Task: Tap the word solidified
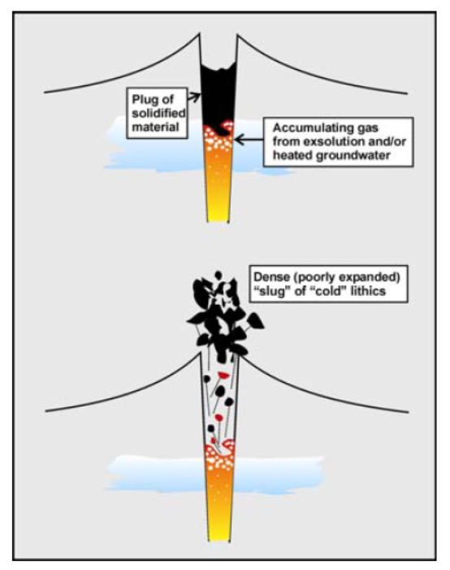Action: pos(158,113)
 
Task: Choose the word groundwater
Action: pos(354,155)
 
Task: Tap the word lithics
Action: pos(366,291)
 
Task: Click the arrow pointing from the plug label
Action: pos(194,97)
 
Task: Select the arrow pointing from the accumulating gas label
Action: pos(249,139)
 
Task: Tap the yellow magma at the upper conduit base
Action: pos(218,211)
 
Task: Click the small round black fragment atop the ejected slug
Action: pos(218,275)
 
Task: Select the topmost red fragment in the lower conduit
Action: pos(223,375)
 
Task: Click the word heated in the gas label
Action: pos(292,155)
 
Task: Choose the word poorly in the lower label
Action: pos(313,278)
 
